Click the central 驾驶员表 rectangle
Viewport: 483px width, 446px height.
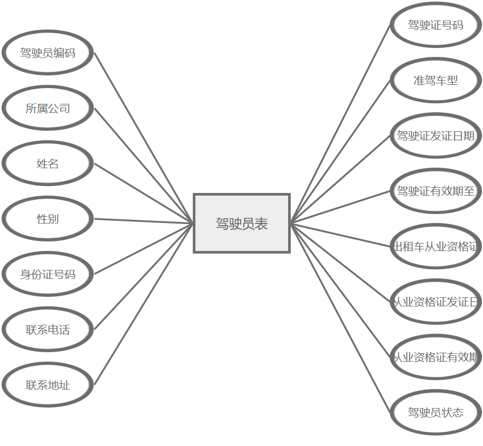(x=242, y=223)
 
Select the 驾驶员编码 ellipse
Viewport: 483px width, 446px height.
(x=48, y=53)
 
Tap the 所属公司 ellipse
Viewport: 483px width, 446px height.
(x=48, y=108)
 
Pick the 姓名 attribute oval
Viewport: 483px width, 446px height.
(x=48, y=163)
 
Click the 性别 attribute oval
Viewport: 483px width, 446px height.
(x=48, y=219)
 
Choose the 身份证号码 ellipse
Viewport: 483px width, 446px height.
(x=48, y=274)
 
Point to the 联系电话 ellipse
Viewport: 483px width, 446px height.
(x=48, y=329)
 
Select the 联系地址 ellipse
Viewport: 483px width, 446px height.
(x=48, y=385)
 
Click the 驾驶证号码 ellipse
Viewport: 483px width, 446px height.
(x=436, y=25)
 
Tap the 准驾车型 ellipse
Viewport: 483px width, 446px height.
(x=436, y=80)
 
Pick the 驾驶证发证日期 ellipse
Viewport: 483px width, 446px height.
(x=436, y=135)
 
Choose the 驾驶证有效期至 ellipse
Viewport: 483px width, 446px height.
(x=436, y=191)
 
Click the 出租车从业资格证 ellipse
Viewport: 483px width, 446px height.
(x=436, y=246)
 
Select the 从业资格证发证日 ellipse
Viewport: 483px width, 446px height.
(x=436, y=302)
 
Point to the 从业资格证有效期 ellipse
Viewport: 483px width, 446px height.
(x=436, y=357)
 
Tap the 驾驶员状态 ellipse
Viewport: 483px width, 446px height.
(x=436, y=412)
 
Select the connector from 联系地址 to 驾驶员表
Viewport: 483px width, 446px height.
(x=143, y=304)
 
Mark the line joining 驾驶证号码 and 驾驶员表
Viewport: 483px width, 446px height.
(x=340, y=124)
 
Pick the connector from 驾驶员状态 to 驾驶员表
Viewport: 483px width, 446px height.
(x=340, y=317)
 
